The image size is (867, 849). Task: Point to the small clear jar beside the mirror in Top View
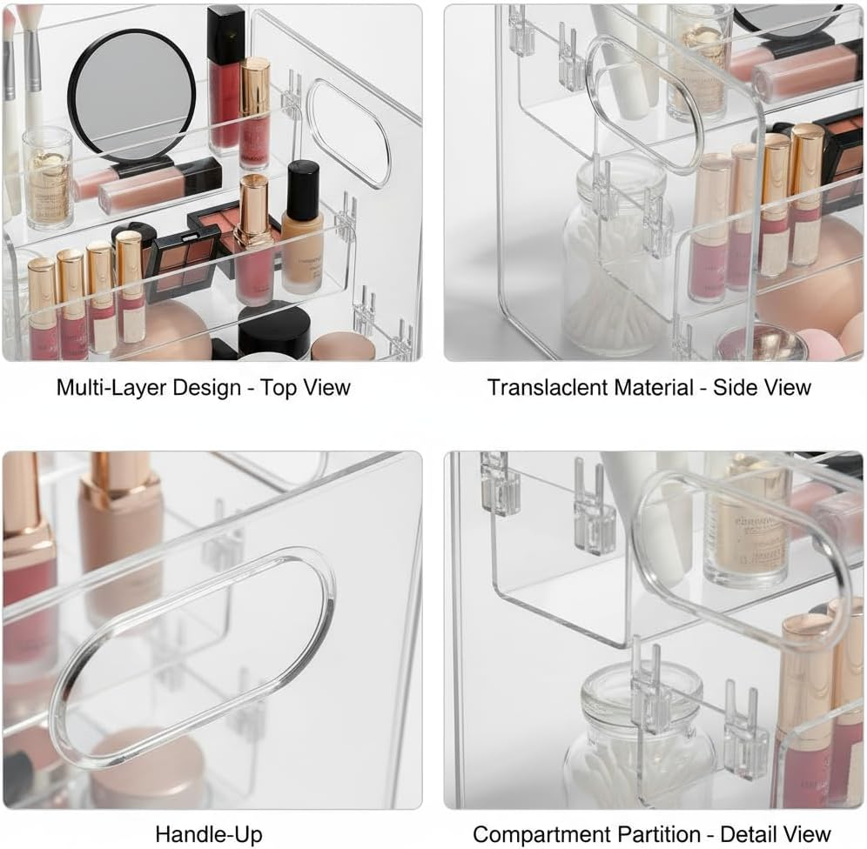tap(49, 177)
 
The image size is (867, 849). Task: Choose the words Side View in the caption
tap(762, 387)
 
